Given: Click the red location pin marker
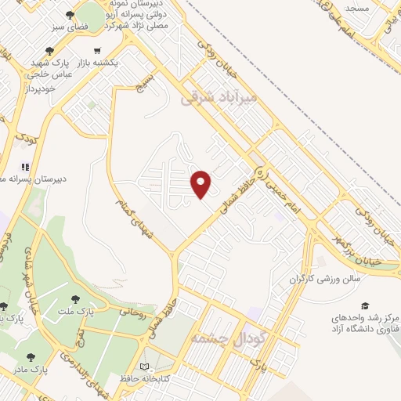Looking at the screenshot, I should point(202,183).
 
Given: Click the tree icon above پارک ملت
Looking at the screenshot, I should point(75,298).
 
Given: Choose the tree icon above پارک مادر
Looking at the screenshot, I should point(31,357).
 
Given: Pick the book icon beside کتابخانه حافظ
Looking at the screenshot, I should point(143,366).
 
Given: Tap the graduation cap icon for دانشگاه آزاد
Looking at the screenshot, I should point(364,305).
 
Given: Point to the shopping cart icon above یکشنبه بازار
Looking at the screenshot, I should point(96,51).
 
